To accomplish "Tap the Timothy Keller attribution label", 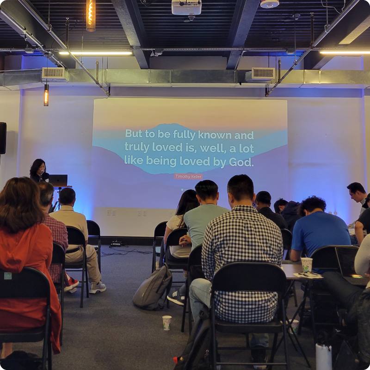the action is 188,176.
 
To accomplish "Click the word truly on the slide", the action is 137,147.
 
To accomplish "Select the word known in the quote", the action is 215,135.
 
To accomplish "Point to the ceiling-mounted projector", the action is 186,7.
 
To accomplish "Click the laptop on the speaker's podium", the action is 58,180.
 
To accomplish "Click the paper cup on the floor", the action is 167,322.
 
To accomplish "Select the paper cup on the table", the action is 307,265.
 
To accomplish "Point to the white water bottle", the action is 323,357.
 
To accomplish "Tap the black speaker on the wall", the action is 3,138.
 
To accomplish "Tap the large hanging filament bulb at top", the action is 91,15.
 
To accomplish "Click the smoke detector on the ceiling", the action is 270,4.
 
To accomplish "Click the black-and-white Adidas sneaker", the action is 176,298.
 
